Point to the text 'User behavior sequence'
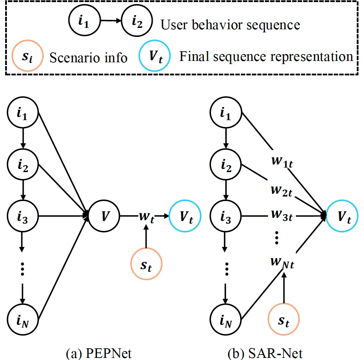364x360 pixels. pyautogui.click(x=230, y=25)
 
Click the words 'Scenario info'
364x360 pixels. pyautogui.click(x=88, y=57)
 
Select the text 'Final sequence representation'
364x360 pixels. pyautogui.click(x=266, y=56)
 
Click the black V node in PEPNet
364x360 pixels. pyautogui.click(x=104, y=216)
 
